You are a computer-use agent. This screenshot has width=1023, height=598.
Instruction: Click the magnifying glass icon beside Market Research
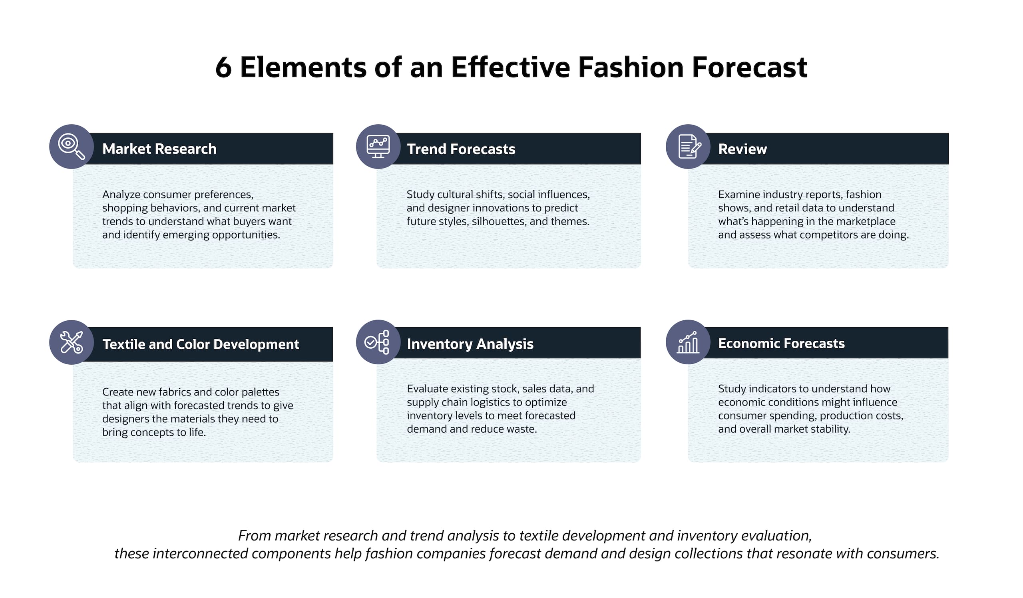tap(72, 147)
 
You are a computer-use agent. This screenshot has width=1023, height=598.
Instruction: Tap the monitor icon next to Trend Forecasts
tap(378, 147)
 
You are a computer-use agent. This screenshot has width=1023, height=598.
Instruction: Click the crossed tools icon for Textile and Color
tap(72, 342)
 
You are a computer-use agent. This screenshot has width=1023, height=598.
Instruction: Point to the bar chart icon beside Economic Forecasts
tap(688, 342)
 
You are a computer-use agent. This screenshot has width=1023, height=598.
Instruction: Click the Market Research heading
tap(159, 149)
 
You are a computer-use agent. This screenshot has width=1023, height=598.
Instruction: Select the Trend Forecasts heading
tap(461, 149)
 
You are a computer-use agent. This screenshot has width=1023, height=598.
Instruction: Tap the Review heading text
tap(742, 149)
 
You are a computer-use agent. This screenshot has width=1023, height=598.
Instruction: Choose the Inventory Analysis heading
tap(470, 344)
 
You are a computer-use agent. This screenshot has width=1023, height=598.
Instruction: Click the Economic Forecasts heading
tap(782, 343)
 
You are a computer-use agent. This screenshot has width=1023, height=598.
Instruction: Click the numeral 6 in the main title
tap(223, 68)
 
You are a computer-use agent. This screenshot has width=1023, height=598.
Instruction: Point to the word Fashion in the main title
tap(631, 67)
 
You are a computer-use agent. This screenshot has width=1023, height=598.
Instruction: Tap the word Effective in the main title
tap(510, 67)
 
